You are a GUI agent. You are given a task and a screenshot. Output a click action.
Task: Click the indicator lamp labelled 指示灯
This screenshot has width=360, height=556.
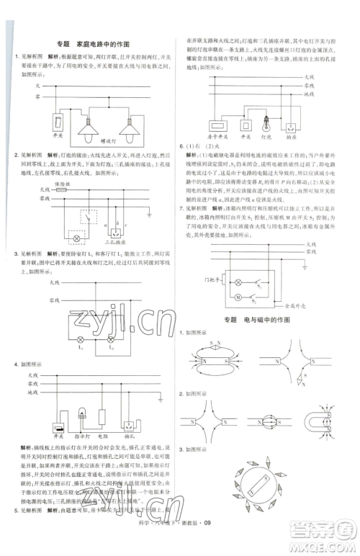81,425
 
